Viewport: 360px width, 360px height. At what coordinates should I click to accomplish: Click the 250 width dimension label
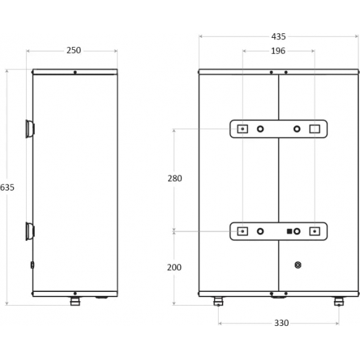coord(74,50)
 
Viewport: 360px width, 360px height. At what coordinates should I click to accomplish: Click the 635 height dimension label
coord(7,187)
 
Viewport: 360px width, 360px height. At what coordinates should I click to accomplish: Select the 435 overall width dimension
coord(278,37)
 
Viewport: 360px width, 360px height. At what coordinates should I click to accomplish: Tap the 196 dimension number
coord(278,51)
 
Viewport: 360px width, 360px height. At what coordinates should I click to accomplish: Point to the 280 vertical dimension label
coord(175,179)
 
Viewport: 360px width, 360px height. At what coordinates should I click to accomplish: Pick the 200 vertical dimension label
coord(174,267)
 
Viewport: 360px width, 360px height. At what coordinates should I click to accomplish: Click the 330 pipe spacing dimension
coord(281,323)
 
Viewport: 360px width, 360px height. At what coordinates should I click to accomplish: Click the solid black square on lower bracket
coord(289,231)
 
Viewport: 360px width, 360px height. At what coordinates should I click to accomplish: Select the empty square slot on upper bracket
coord(315,129)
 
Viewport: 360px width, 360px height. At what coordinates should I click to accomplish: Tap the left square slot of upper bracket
coord(242,129)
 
